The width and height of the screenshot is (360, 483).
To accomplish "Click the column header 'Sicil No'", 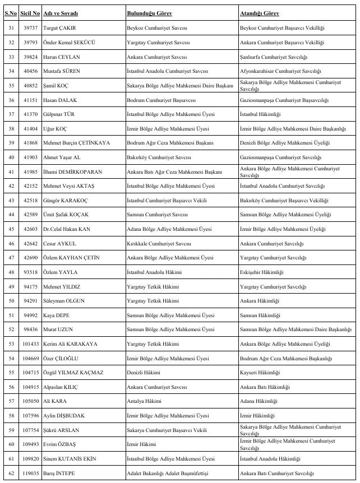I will click(x=30, y=12).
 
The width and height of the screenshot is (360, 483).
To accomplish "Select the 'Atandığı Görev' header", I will click(x=259, y=12).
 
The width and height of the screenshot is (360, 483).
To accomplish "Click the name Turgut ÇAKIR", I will click(x=61, y=27).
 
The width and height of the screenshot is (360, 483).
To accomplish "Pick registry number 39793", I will click(x=30, y=43).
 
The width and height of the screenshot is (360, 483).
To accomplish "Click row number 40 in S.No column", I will click(x=11, y=157).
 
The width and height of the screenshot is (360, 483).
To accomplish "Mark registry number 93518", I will click(x=30, y=272).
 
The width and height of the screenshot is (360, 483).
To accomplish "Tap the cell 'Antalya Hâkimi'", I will click(x=144, y=401).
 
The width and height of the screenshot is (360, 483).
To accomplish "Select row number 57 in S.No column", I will click(x=11, y=401).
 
